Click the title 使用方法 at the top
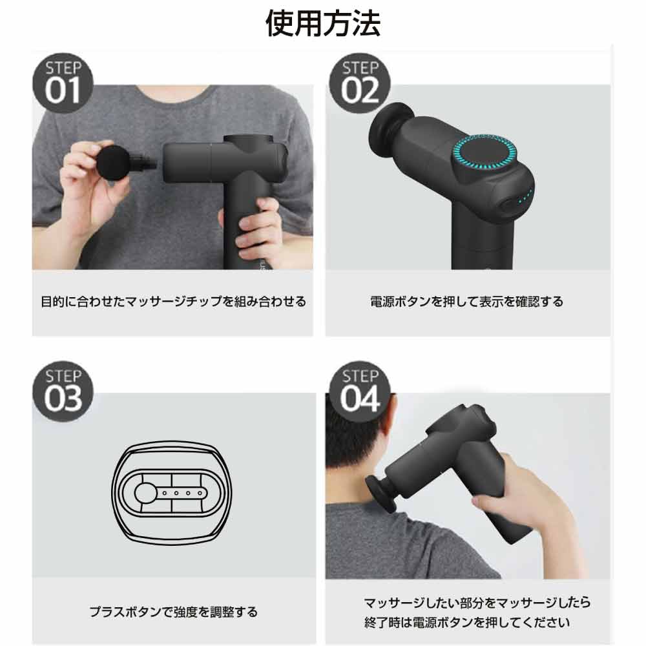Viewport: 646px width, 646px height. coord(323,23)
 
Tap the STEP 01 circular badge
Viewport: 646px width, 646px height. coord(63,83)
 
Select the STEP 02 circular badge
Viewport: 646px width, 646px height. coord(360,83)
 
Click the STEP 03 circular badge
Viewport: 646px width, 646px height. coord(63,392)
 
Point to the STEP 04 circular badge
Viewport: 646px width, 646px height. coord(360,392)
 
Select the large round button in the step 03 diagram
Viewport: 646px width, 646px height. coord(145,493)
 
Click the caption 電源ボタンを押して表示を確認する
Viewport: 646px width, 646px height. coord(466,302)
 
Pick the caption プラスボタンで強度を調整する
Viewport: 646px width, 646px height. coord(173,611)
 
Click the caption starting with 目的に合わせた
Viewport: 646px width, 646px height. coord(173,302)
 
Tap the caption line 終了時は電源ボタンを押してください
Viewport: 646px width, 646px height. coord(466,623)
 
